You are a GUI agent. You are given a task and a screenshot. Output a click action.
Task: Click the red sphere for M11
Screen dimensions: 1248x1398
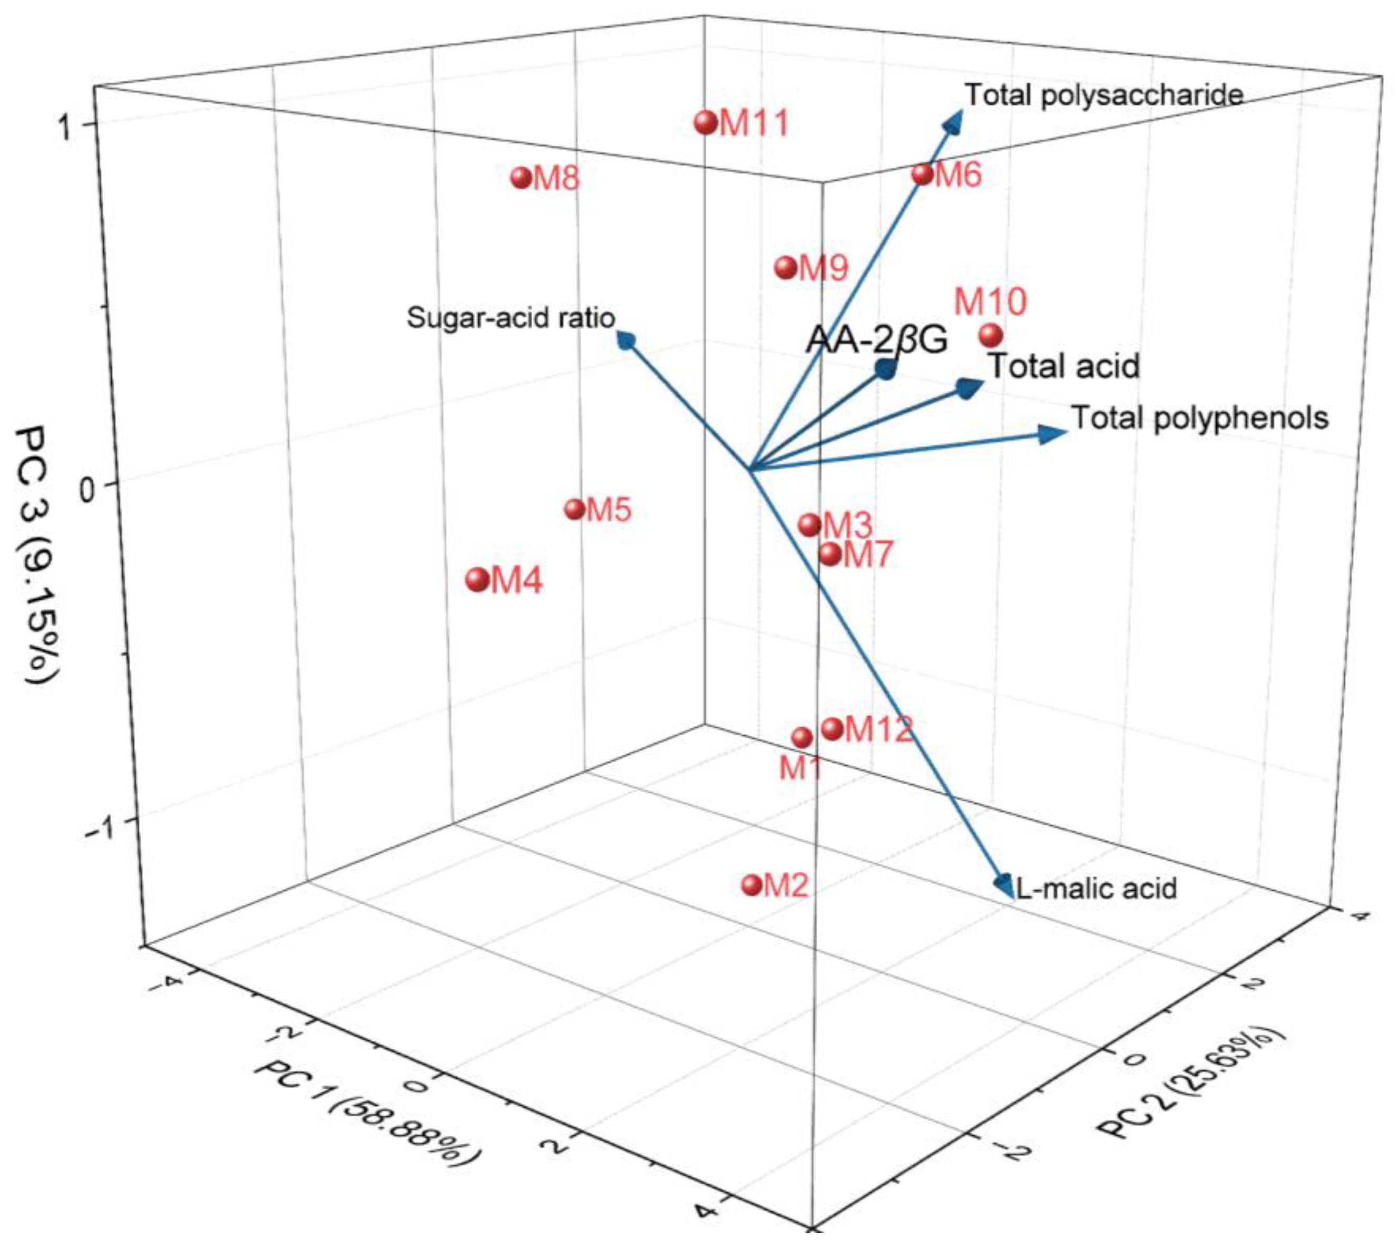click(706, 123)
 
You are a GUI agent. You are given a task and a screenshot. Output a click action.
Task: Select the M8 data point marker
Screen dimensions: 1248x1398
click(521, 178)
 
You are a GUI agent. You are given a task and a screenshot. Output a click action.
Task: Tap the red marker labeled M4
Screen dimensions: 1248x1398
click(477, 579)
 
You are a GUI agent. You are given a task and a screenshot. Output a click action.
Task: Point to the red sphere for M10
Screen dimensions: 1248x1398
click(990, 335)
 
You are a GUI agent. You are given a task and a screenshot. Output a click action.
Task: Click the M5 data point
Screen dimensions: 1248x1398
click(574, 509)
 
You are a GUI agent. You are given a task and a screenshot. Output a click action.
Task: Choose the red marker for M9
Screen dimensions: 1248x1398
click(786, 267)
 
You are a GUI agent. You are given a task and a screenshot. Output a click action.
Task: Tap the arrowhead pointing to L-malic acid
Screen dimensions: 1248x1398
click(1005, 884)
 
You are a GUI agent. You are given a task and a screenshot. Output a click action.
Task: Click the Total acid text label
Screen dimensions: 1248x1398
click(1063, 366)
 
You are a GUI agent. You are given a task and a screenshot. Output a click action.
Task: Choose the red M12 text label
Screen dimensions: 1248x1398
click(879, 729)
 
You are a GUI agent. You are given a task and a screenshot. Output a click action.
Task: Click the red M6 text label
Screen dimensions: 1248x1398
click(958, 175)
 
